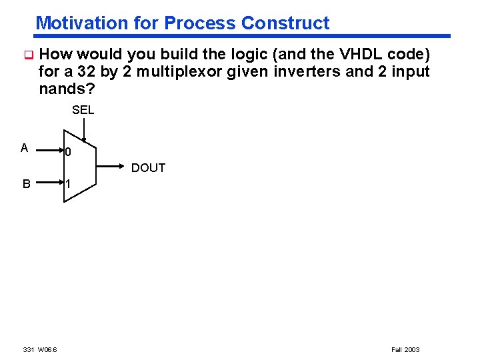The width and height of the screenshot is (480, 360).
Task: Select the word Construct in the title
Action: click(285, 23)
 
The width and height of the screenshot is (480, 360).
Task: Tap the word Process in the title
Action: click(200, 23)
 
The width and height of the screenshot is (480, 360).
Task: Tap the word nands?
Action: click(65, 88)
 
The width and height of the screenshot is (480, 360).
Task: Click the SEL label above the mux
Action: click(83, 110)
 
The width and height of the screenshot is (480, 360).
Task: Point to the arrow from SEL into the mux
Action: click(83, 130)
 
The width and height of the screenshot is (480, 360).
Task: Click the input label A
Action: click(24, 148)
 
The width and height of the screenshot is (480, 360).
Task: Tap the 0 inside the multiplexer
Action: click(68, 152)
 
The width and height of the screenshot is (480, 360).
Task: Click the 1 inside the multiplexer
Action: click(68, 185)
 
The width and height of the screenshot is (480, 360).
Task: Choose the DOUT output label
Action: click(148, 168)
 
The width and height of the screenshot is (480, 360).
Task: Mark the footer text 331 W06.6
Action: click(40, 349)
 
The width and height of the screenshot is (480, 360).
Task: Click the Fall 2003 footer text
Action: click(405, 349)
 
